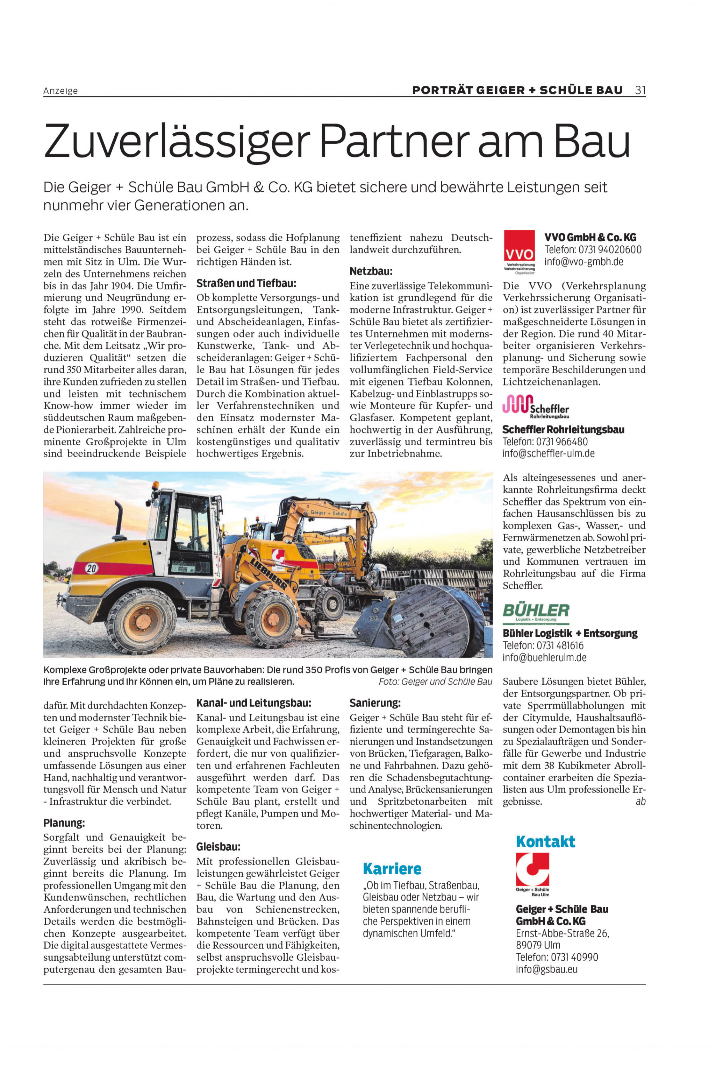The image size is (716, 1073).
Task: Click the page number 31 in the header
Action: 640,90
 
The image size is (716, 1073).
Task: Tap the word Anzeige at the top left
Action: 60,91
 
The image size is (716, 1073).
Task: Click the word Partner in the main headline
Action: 394,141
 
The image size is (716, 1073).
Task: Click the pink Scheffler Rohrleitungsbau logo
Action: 535,406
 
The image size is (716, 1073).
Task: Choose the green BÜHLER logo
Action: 536,612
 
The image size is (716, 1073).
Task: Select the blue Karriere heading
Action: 392,869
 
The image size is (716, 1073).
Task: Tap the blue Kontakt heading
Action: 545,841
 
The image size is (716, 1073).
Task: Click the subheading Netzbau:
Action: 371,271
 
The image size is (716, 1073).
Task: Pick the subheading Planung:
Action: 64,823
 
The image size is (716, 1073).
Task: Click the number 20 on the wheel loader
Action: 91,569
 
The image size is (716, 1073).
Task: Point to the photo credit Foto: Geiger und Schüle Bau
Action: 435,682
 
